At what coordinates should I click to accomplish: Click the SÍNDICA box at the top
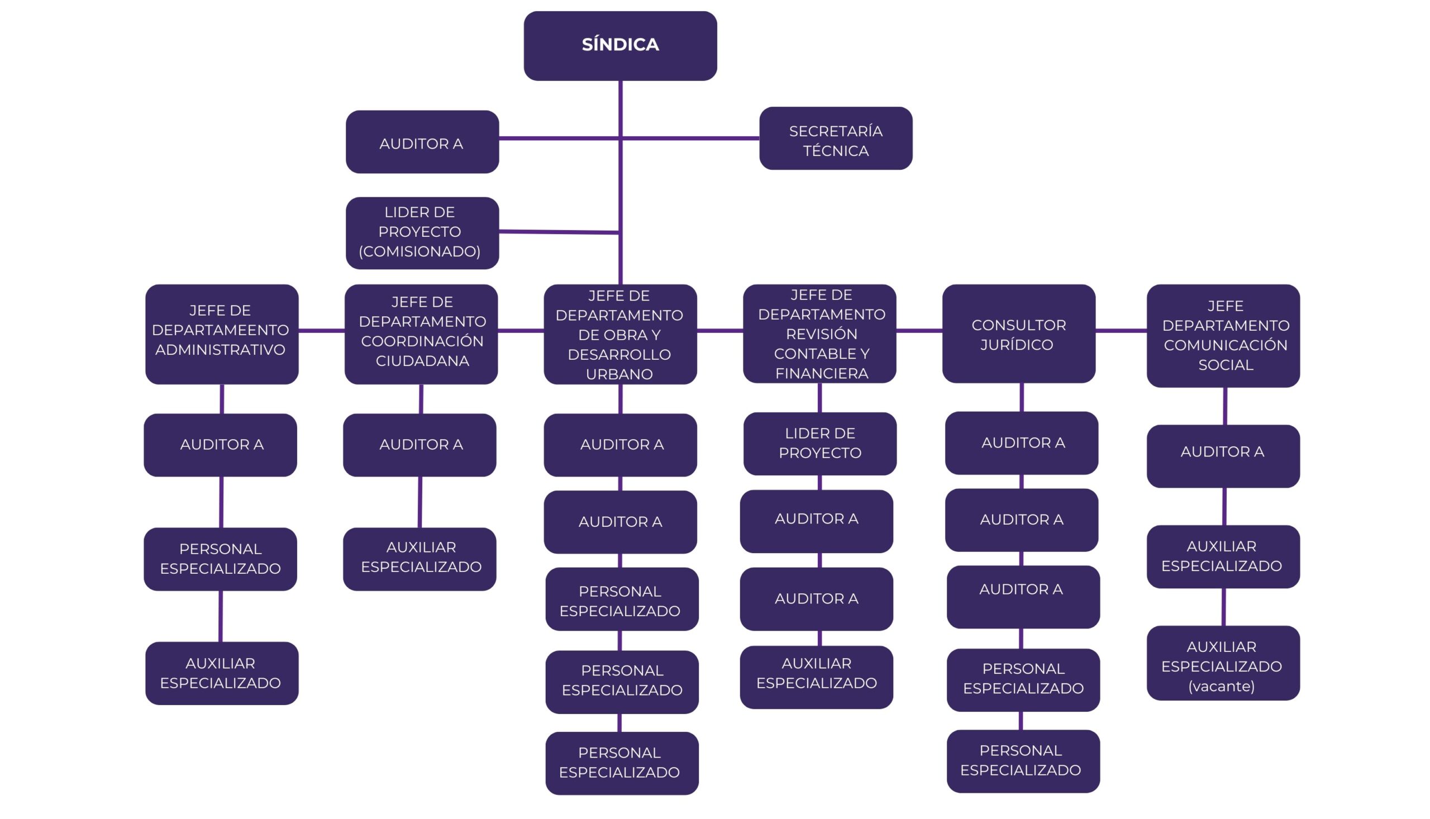(x=619, y=46)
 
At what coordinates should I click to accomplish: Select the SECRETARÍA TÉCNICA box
(x=835, y=139)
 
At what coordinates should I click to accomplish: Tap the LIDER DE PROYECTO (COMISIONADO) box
(x=422, y=232)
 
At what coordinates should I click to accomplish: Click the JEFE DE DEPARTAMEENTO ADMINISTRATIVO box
(x=222, y=334)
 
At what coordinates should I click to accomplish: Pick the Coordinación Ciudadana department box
(x=421, y=334)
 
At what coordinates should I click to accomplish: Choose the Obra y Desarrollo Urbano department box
(x=619, y=334)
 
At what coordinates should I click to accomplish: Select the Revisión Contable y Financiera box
(x=819, y=334)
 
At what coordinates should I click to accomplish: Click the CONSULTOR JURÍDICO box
(x=1018, y=334)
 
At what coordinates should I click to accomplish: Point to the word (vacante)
(x=1221, y=686)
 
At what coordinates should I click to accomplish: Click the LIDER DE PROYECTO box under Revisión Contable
(x=819, y=443)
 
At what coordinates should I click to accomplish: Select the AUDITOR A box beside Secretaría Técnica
(x=422, y=142)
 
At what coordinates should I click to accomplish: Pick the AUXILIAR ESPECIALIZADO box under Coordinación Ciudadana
(x=420, y=559)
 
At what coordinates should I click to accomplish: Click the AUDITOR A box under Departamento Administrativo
(x=221, y=445)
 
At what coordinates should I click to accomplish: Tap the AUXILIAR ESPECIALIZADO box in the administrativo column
(x=222, y=673)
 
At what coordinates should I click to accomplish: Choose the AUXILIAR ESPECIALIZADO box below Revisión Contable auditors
(x=816, y=677)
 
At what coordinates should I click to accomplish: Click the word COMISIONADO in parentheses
(x=420, y=251)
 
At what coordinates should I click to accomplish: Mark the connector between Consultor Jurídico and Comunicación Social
(x=1121, y=331)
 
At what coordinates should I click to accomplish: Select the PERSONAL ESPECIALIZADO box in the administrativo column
(x=221, y=559)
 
